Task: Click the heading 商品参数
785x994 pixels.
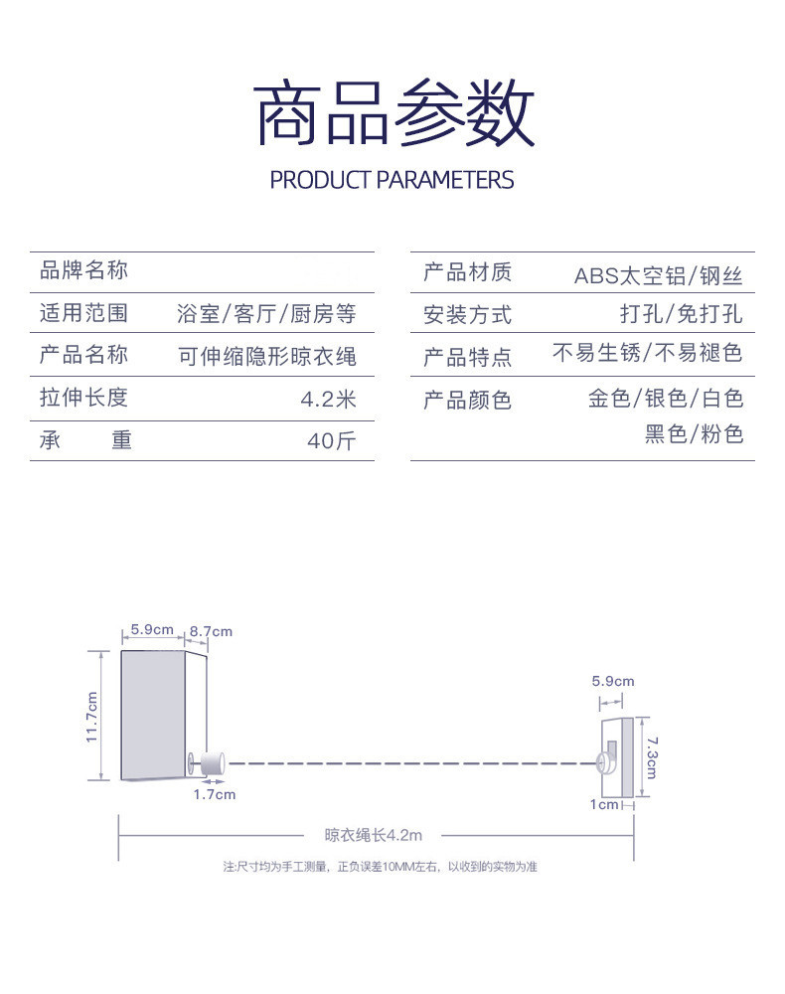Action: (x=393, y=115)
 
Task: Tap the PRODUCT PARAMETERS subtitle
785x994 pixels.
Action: (x=392, y=180)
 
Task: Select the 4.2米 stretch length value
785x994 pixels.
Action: (x=328, y=399)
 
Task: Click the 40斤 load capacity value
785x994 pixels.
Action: (x=331, y=440)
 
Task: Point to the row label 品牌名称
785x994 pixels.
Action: (x=83, y=270)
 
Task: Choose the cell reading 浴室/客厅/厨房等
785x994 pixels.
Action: (x=265, y=314)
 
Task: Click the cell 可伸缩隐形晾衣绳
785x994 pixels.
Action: (x=266, y=356)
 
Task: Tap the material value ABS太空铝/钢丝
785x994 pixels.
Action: (x=658, y=275)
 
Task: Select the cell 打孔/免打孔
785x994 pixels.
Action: (x=681, y=314)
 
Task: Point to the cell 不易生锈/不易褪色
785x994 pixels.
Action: (x=647, y=353)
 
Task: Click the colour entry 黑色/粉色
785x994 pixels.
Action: (x=694, y=434)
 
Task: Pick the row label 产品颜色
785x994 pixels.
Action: (x=467, y=400)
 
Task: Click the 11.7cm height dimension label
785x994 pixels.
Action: (x=91, y=716)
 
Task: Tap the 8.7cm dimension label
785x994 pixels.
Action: (x=211, y=631)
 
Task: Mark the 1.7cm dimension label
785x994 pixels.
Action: (x=215, y=794)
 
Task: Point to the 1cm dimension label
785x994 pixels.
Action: (x=603, y=804)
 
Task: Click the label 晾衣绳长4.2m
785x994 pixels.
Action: (x=374, y=836)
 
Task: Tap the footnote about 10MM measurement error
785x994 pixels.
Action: (x=380, y=867)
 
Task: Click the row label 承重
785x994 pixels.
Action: (x=85, y=440)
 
